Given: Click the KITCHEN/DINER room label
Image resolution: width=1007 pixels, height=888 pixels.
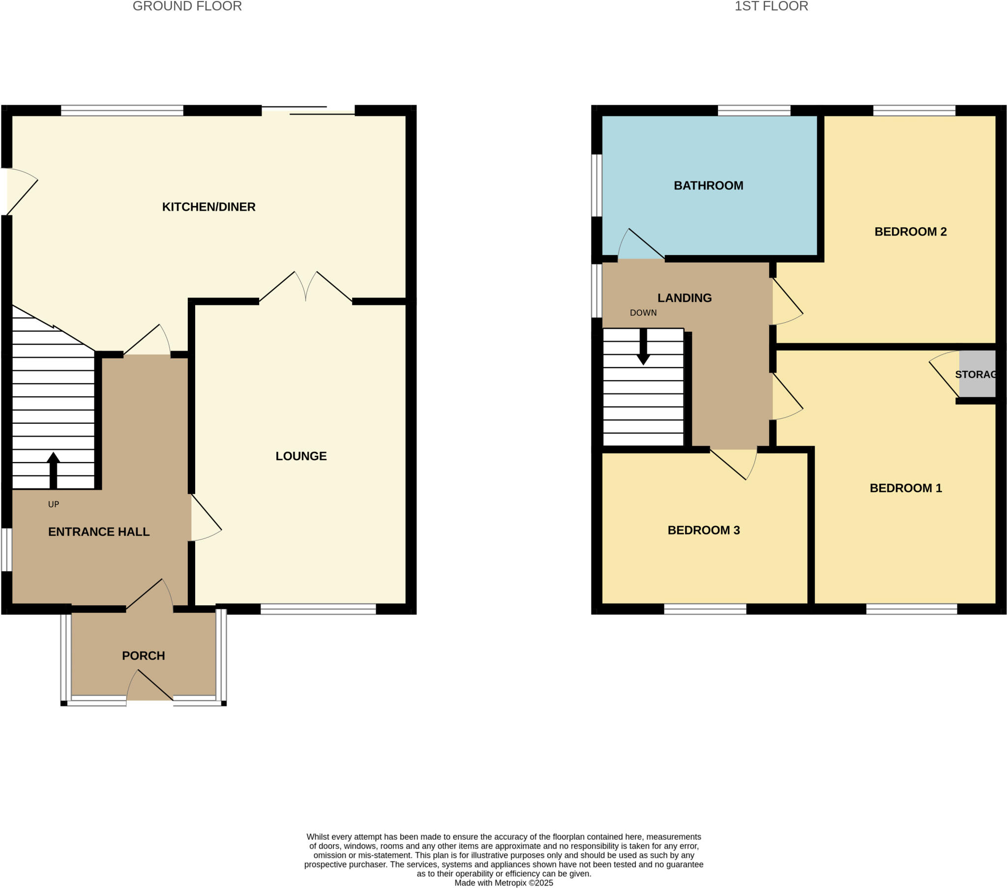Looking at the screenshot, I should pos(208,207).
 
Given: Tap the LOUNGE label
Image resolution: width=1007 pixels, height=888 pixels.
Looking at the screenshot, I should pos(301,456).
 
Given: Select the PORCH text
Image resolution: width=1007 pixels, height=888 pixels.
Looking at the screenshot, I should pos(144,656).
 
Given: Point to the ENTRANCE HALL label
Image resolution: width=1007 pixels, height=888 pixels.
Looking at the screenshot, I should pos(98,532).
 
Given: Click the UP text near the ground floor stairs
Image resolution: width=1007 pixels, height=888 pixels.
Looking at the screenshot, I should pos(53,504).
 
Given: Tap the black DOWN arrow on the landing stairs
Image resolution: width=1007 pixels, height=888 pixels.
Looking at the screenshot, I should pos(643,348).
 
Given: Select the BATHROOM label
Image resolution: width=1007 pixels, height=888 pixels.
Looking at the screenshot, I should pos(708,186).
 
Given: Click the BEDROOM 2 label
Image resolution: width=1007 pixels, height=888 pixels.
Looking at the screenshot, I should pos(910,232).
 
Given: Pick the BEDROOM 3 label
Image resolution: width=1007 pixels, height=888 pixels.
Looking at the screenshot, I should pos(703,530).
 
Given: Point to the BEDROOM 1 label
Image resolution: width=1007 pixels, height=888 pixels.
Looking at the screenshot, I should pos(906,488).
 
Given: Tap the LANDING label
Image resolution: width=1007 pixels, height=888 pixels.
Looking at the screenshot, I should pos(684,298).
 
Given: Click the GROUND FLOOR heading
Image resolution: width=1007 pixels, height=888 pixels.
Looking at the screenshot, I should pos(187,6).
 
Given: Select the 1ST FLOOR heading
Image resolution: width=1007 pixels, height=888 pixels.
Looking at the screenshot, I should pos(771,6).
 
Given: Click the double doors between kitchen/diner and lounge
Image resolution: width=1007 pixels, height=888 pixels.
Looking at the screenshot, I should pos(305,288).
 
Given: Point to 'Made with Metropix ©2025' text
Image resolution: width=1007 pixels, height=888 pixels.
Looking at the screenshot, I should pos(503,883).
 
